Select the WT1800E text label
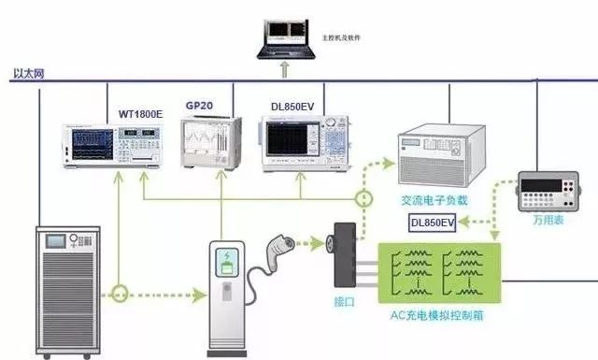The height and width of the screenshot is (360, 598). (140, 114)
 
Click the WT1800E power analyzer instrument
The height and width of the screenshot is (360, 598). (111, 146)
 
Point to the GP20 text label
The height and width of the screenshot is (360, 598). (200, 106)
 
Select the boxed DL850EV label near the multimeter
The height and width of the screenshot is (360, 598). (433, 223)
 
